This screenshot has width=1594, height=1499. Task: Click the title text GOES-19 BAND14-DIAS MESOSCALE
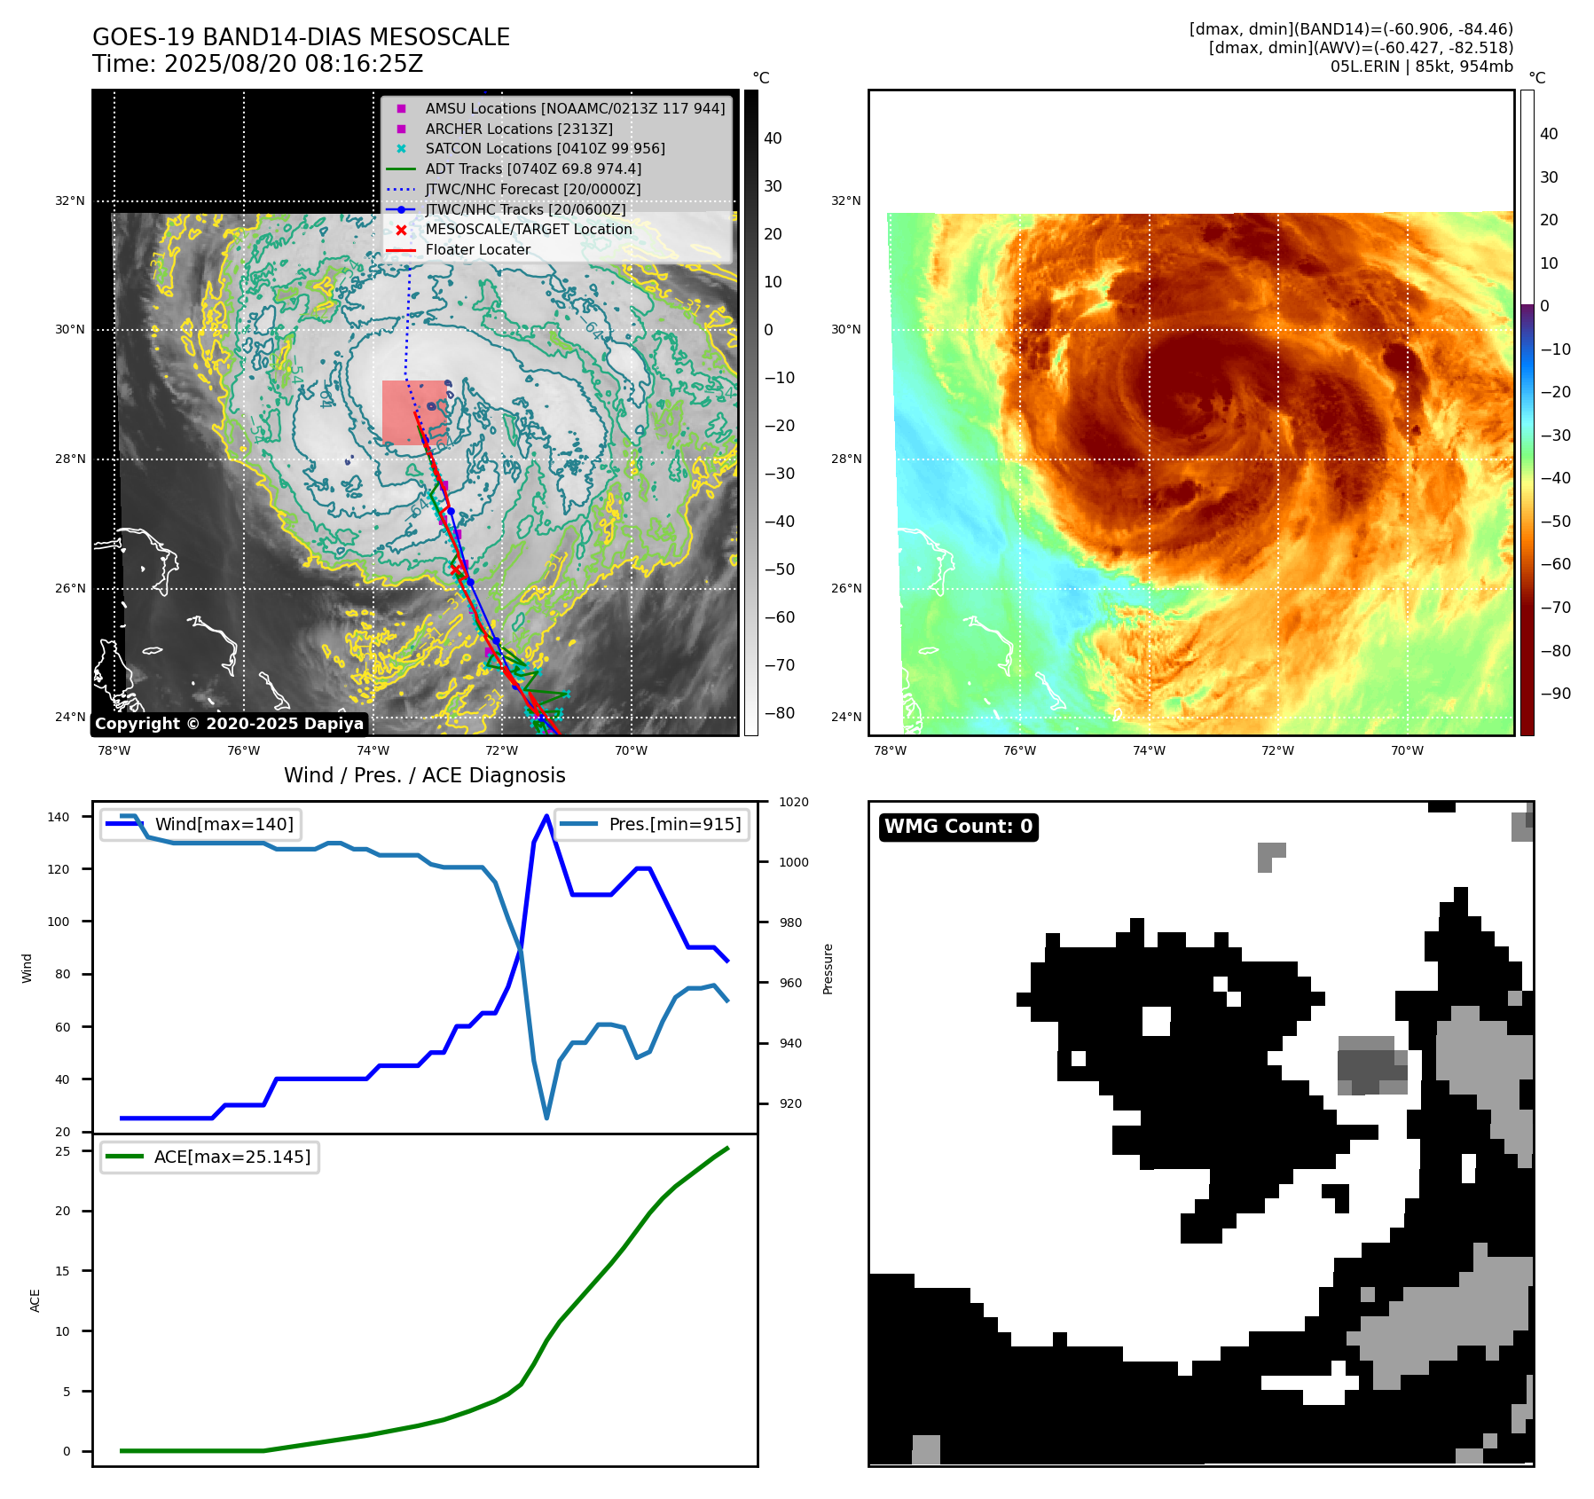click(301, 37)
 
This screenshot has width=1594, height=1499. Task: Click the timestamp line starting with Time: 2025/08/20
click(257, 65)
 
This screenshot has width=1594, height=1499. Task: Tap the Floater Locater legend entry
click(477, 250)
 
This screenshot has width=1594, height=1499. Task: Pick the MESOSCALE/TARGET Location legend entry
click(528, 230)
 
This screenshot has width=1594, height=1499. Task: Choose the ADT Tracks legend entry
click(532, 169)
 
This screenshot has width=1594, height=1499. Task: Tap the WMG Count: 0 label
click(958, 827)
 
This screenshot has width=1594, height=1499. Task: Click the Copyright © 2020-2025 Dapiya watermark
click(229, 724)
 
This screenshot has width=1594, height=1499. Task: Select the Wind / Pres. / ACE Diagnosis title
click(424, 775)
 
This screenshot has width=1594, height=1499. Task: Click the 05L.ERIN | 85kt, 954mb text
click(1421, 67)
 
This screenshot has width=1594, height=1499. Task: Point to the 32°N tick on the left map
click(70, 201)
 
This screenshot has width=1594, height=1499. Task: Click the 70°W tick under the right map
click(1407, 751)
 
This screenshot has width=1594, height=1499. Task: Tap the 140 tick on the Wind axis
click(59, 817)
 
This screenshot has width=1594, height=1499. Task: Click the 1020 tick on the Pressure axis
click(794, 803)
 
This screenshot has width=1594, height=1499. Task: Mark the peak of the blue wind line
click(546, 815)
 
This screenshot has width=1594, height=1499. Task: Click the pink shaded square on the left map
click(414, 412)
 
